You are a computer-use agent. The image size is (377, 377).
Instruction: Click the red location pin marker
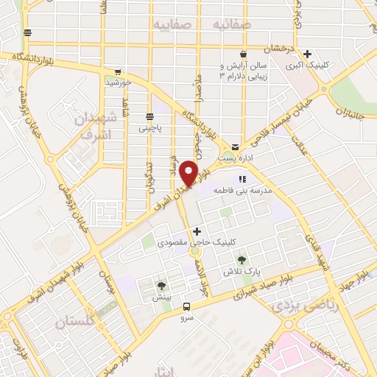pos(190,173)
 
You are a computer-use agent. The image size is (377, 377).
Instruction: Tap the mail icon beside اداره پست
pos(235,147)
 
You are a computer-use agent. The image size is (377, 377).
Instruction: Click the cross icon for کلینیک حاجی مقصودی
pos(197,231)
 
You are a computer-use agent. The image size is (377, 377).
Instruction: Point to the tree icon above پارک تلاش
pos(241,259)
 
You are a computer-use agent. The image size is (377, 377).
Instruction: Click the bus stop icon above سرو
pos(186,306)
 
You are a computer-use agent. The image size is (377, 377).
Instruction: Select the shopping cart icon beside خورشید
pos(117,72)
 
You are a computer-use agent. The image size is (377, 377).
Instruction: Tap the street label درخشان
pos(281,49)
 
